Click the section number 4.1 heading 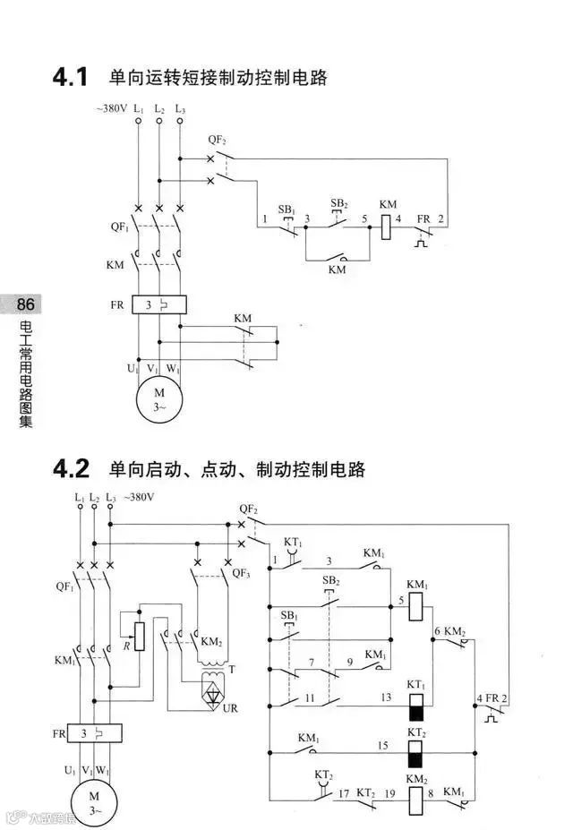tap(70, 79)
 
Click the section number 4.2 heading tap(72, 468)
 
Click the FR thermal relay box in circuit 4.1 tap(158, 305)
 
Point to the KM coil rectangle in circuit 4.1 tap(387, 227)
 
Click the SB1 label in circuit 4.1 tap(286, 210)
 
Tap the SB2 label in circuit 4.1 tap(338, 203)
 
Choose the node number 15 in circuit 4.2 tap(381, 745)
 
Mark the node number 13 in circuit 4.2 tap(386, 697)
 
